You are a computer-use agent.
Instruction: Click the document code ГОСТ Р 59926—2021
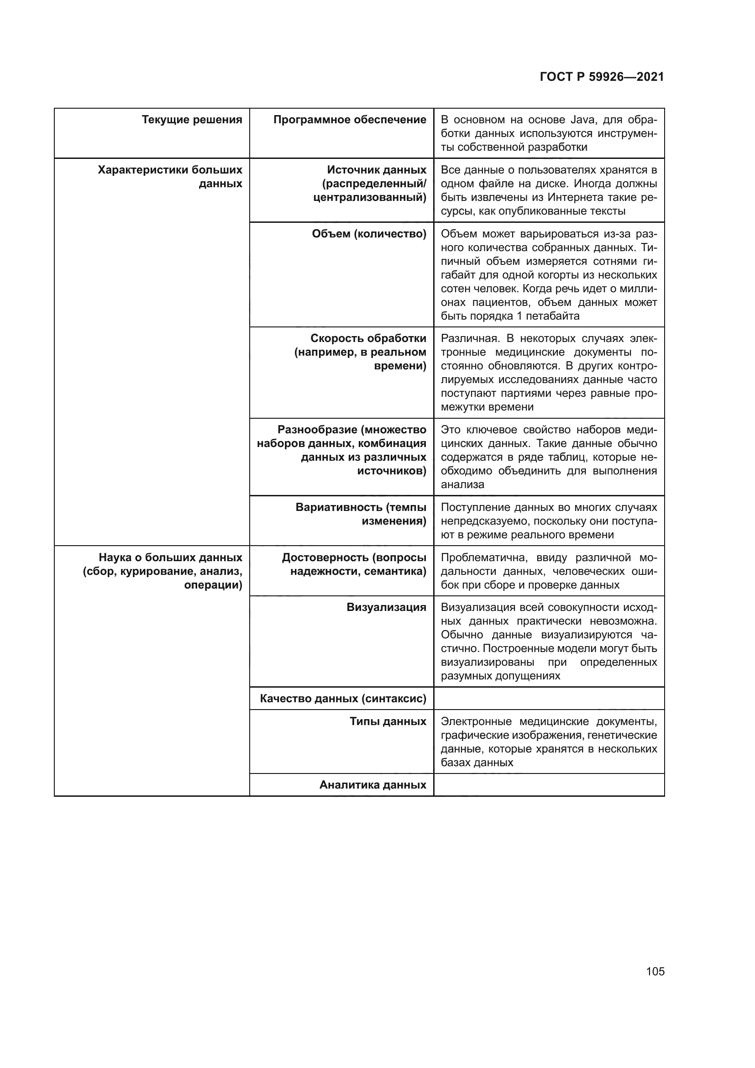(602, 77)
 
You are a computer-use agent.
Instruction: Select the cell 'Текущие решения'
(192, 120)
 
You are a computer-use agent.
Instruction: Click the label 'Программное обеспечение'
(350, 120)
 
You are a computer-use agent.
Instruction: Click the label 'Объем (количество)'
(369, 234)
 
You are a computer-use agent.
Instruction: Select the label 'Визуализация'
(386, 607)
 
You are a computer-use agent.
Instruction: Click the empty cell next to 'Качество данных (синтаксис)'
(549, 699)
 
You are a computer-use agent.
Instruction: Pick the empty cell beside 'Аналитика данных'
(549, 785)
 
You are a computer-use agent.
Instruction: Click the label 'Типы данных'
(388, 721)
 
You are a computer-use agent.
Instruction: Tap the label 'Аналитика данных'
(373, 785)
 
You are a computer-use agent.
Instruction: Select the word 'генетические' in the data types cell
(623, 736)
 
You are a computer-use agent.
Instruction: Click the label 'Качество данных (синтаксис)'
(343, 699)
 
